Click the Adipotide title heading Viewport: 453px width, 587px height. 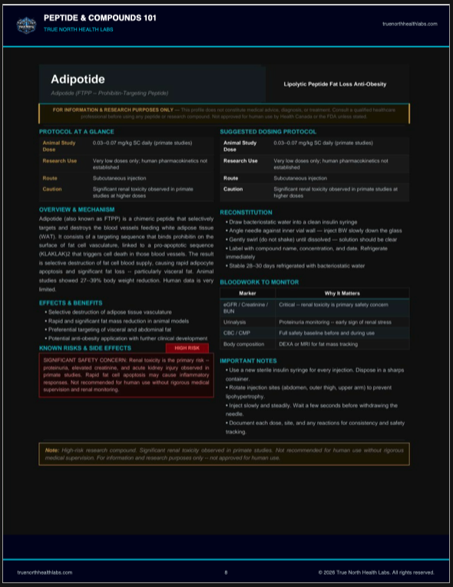point(78,80)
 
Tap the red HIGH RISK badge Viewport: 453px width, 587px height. point(187,348)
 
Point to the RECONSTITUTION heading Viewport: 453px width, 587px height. point(246,212)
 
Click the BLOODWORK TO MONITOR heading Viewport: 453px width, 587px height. point(260,282)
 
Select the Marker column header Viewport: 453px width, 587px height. point(247,293)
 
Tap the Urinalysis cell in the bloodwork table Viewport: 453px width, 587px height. point(234,322)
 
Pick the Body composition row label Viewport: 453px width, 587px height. point(244,345)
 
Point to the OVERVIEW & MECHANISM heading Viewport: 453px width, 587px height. point(77,209)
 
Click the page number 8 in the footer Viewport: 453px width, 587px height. point(226,572)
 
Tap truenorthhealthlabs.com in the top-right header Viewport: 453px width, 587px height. point(409,24)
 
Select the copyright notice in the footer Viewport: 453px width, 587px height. point(376,572)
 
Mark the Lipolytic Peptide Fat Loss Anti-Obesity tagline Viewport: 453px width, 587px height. point(335,84)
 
